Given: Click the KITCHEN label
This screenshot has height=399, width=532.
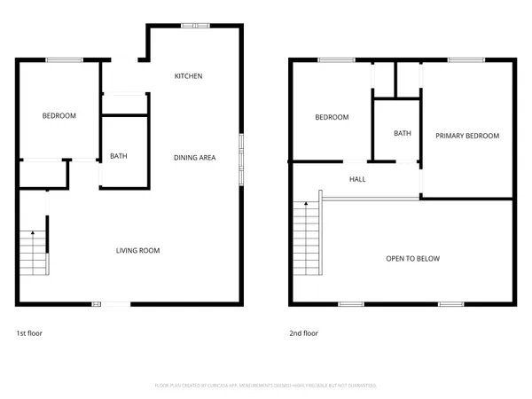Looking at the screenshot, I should pos(188,76).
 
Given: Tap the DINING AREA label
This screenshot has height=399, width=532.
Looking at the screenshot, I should pos(194,158).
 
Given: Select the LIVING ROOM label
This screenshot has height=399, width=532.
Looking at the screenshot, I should pos(137,251).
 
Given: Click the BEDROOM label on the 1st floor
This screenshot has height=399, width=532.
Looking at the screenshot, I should pos(59,116).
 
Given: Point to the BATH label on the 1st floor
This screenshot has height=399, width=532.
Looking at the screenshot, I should pos(118,157).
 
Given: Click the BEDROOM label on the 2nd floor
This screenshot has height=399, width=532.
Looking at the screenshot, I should pos(332,117).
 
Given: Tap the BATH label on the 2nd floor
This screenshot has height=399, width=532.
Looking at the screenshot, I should pos(403,134).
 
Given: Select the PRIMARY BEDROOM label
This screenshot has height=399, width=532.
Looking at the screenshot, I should pos(466,136).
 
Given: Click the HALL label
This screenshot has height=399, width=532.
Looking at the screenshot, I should pos(357,179).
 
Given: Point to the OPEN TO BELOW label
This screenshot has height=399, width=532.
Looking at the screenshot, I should pos(412,259).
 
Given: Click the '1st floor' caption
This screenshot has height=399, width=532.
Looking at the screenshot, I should pos(29,333).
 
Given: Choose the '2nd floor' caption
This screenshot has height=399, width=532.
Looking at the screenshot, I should pos(303,333).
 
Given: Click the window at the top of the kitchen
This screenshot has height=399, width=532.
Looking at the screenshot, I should pos(190,26).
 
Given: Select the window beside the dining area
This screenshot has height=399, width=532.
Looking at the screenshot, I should pos(240,159).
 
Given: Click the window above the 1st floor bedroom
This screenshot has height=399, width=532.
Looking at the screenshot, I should pos(59,59).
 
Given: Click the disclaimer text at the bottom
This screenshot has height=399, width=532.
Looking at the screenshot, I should pos(266,386).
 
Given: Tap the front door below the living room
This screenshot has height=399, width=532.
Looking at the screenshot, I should pos(114,304).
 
